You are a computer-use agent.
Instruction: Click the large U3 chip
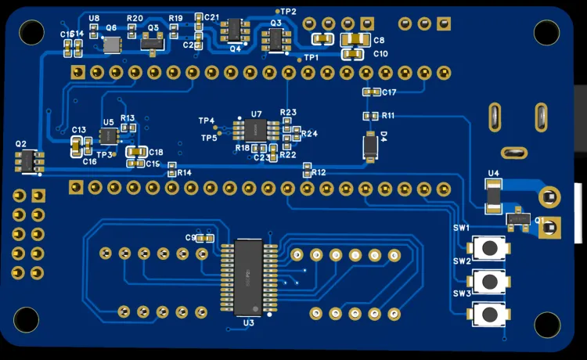pos(248,277)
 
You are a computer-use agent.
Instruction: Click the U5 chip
pos(109,136)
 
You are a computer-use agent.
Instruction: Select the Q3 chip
pos(276,38)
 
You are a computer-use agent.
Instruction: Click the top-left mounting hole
pos(31,31)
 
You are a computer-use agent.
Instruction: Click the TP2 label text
pos(289,11)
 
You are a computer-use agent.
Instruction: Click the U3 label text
pos(248,322)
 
